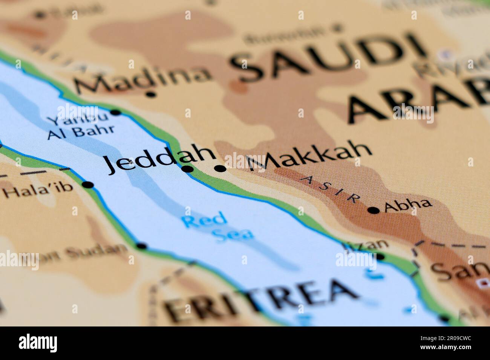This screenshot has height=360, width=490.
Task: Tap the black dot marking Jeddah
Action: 187,169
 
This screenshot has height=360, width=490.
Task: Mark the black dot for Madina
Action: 151,94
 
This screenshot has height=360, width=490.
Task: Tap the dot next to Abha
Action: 374,210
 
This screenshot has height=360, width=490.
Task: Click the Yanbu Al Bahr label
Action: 80,126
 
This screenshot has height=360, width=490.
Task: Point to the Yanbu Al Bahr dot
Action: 115,112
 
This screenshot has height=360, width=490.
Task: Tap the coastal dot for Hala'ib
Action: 88,185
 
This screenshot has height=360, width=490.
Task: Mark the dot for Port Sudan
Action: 141,246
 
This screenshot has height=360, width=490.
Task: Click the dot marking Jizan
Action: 380,257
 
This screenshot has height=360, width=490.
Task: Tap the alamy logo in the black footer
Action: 38,343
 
